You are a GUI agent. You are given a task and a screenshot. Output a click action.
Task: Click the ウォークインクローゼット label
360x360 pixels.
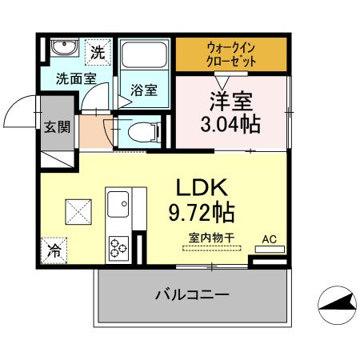click(230, 54)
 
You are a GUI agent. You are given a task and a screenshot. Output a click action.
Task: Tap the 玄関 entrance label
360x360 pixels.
click(55, 126)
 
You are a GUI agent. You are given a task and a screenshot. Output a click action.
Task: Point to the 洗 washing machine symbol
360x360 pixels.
click(98, 54)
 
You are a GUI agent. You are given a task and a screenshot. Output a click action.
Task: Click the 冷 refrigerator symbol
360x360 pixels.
click(54, 249)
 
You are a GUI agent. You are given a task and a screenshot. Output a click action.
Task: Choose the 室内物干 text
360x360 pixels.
click(210, 238)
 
